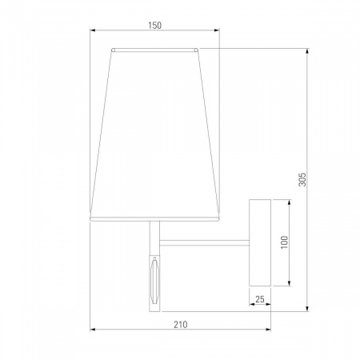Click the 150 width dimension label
click(x=154, y=26)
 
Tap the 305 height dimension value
click(x=302, y=180)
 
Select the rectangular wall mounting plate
click(x=260, y=242)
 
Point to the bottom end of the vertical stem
click(x=154, y=307)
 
